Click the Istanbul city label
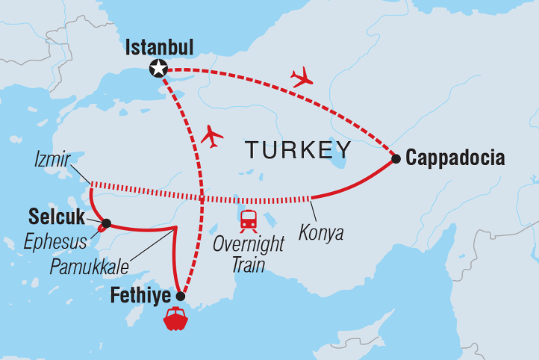pyautogui.click(x=160, y=48)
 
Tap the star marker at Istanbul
pyautogui.click(x=158, y=69)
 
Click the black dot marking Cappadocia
pyautogui.click(x=396, y=158)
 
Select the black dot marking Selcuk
pyautogui.click(x=107, y=223)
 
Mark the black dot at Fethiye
pyautogui.click(x=180, y=297)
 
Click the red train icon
pyautogui.click(x=249, y=220)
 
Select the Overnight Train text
pyautogui.click(x=249, y=255)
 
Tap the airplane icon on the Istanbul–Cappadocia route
pyautogui.click(x=302, y=77)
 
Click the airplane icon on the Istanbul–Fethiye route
pyautogui.click(x=212, y=135)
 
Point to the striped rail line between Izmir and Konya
pyautogui.click(x=202, y=198)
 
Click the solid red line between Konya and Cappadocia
pyautogui.click(x=358, y=184)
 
